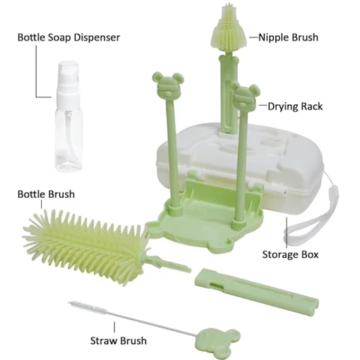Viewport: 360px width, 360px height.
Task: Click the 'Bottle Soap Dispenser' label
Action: click(69, 37)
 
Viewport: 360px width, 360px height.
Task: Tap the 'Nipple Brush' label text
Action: click(288, 37)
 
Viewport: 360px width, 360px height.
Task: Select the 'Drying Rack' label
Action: click(295, 106)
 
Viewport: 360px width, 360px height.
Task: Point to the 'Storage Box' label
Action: click(290, 254)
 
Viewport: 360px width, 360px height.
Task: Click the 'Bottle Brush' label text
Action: click(46, 194)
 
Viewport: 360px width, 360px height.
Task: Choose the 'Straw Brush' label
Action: click(118, 340)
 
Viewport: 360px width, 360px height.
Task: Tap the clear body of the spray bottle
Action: click(69, 140)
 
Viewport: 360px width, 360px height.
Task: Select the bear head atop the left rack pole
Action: click(168, 85)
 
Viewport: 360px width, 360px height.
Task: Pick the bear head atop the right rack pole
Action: click(245, 96)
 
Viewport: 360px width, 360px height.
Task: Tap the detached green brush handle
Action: click(256, 290)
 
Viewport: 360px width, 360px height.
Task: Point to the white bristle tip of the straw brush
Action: click(88, 308)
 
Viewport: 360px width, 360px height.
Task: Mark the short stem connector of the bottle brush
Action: click(170, 265)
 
